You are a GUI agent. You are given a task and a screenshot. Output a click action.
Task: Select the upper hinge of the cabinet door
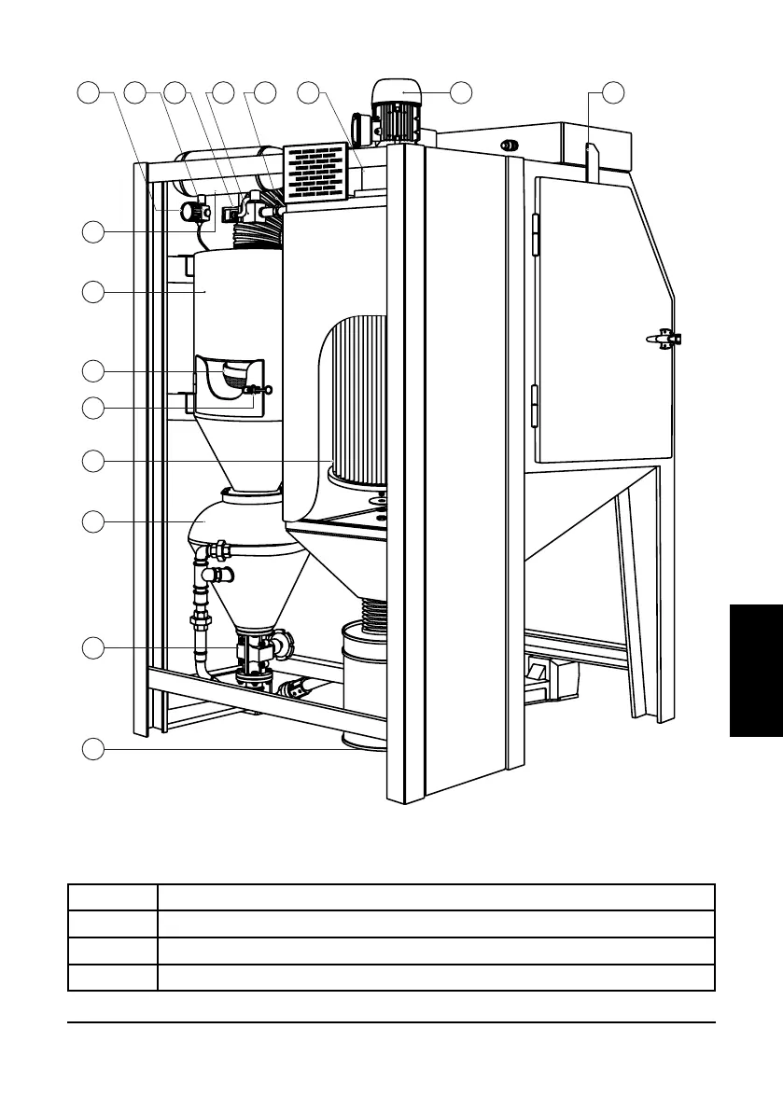click(534, 234)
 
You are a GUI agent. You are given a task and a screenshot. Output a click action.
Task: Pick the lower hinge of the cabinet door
click(534, 406)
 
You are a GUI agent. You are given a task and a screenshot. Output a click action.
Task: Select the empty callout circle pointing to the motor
click(460, 91)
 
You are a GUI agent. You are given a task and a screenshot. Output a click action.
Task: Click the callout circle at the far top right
click(612, 91)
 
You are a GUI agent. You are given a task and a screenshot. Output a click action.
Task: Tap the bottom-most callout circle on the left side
click(91, 748)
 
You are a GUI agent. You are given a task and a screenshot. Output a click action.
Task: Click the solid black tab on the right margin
click(756, 670)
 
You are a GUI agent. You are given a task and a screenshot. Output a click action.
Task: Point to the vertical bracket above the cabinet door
click(590, 160)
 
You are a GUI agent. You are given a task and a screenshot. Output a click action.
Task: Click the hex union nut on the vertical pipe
click(200, 619)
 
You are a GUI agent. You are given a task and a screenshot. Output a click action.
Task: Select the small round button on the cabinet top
click(510, 145)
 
